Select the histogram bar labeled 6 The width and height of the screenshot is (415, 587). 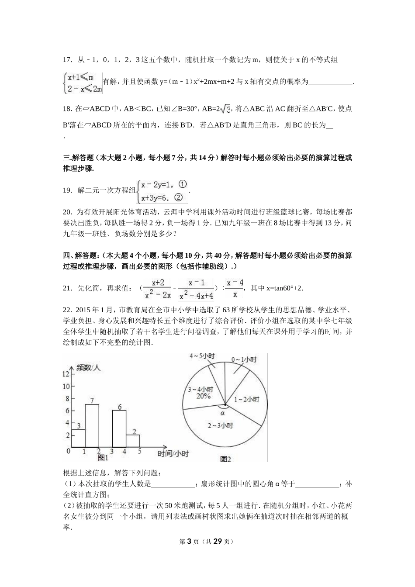(119, 429)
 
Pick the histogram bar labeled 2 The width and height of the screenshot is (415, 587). (133, 441)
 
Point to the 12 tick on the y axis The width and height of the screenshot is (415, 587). (66, 374)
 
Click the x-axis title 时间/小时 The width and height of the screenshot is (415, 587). (173, 454)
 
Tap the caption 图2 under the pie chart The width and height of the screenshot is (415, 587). (225, 459)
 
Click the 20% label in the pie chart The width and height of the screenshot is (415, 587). (203, 396)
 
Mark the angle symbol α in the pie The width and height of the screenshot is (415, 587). (222, 412)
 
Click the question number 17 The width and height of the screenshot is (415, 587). (67, 60)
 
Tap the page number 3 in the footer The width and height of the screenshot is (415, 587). (189, 542)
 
